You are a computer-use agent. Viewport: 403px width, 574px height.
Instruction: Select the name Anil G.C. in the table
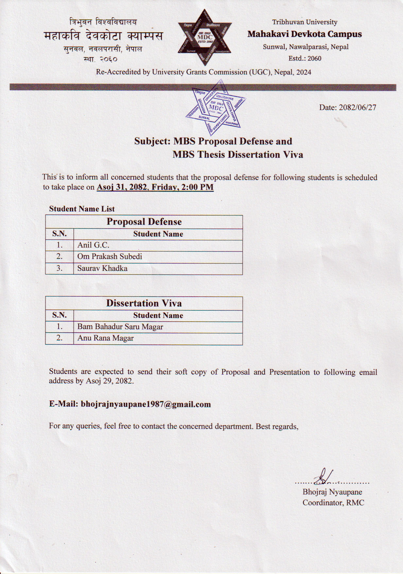pyautogui.click(x=93, y=245)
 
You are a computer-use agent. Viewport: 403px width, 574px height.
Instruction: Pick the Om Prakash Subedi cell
pyautogui.click(x=110, y=256)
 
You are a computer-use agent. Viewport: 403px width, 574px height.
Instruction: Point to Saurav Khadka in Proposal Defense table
pyautogui.click(x=102, y=268)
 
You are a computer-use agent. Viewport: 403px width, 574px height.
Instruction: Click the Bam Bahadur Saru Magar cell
pyautogui.click(x=120, y=327)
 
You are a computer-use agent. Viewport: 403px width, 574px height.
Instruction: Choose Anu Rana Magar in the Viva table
pyautogui.click(x=105, y=338)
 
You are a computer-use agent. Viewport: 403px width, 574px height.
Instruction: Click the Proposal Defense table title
pyautogui.click(x=144, y=222)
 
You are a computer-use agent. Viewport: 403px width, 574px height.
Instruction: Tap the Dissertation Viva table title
pyautogui.click(x=144, y=303)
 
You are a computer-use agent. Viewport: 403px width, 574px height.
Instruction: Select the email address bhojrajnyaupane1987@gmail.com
pyautogui.click(x=146, y=404)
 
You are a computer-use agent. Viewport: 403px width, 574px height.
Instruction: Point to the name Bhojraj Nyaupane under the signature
pyautogui.click(x=332, y=492)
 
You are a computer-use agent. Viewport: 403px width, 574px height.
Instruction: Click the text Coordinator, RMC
pyautogui.click(x=333, y=503)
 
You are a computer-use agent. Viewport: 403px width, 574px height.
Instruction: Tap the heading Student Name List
pyautogui.click(x=82, y=209)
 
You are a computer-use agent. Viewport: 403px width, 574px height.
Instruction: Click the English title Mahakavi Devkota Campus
pyautogui.click(x=305, y=34)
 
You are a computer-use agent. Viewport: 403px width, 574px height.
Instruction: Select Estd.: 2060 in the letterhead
pyautogui.click(x=305, y=59)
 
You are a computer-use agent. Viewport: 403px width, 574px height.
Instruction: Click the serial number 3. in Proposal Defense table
pyautogui.click(x=60, y=268)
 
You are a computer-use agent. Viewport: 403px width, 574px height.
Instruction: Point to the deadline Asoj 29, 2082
pyautogui.click(x=109, y=381)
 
